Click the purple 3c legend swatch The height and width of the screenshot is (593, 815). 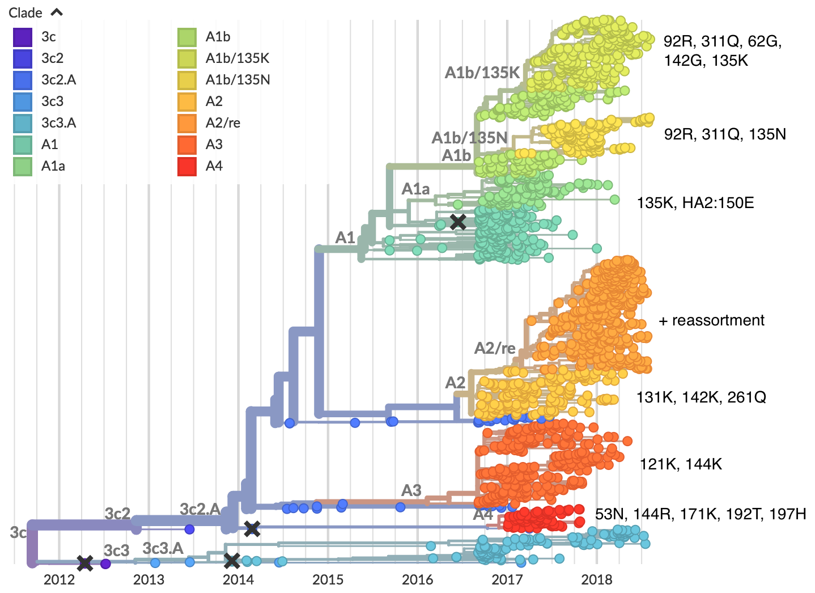point(23,37)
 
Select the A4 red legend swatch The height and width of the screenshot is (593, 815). point(187,167)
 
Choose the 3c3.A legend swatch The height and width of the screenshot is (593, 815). point(23,124)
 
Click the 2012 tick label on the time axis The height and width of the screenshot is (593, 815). point(59,579)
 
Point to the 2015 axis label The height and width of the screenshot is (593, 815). point(328,579)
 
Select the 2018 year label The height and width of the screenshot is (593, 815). point(597,579)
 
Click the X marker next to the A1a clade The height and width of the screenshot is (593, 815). point(458,222)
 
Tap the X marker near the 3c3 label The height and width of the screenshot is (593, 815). point(85,563)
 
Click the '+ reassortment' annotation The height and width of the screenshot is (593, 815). point(711,321)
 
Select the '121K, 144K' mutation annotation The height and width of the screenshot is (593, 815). point(681,464)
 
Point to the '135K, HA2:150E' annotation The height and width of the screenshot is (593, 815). point(695,203)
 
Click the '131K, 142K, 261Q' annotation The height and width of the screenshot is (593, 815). point(701,397)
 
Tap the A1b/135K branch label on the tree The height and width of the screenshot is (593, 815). point(482,73)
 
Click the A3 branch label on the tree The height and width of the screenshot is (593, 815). point(411,490)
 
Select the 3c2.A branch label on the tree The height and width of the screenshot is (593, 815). point(200,509)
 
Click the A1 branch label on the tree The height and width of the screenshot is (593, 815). point(345,238)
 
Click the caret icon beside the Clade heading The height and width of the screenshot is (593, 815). point(57,12)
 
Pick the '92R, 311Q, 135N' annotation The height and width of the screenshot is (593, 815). point(725,134)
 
